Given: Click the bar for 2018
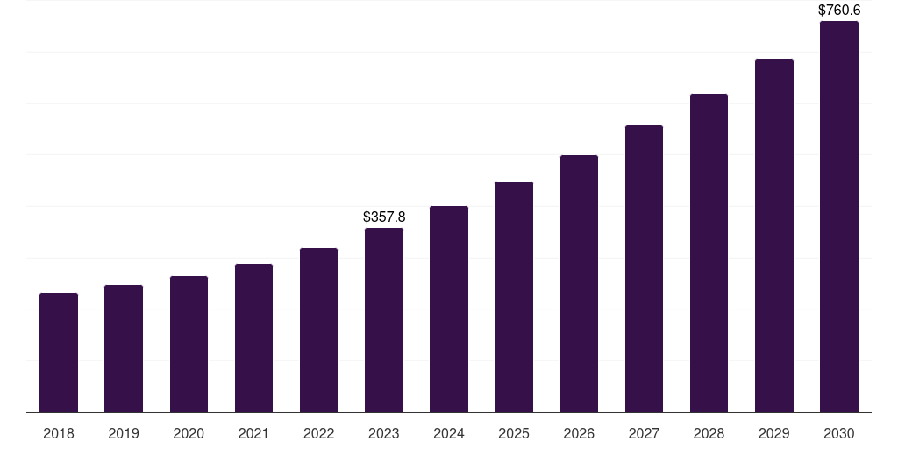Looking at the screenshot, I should point(59,353).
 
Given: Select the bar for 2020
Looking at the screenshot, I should point(189,345).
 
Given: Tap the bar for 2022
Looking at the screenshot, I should point(318,331).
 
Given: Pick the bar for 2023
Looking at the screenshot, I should point(384,320).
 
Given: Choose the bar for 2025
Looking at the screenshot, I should point(514,297).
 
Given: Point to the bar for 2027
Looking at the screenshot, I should point(644,269).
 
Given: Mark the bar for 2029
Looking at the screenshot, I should point(774,236).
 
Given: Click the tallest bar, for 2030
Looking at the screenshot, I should point(839,217).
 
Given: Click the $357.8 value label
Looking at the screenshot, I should point(384,217).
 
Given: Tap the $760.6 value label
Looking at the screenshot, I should point(839,11).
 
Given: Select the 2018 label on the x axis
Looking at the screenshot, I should point(59,434).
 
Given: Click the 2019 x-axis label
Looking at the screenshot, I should point(124,434).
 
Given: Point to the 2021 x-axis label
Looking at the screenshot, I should point(253,434).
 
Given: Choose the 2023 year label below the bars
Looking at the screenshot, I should point(384,434).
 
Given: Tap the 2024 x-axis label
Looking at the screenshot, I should point(449,434).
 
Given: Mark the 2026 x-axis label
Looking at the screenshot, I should point(579,434).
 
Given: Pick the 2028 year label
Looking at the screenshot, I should point(709,434).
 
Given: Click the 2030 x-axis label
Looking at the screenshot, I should point(839,434).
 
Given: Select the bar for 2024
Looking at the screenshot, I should point(449,310).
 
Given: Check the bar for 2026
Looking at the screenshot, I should point(579,284).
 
